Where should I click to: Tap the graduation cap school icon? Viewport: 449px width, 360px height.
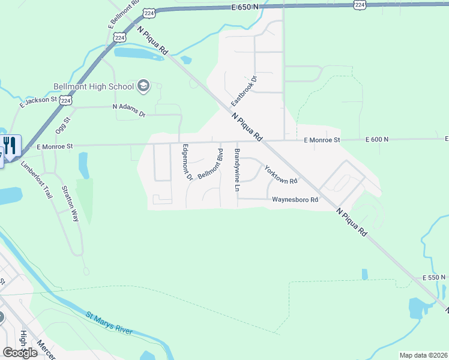click(x=143, y=86)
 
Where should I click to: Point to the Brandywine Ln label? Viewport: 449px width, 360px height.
click(x=237, y=170)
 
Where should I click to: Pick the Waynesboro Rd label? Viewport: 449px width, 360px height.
click(x=295, y=200)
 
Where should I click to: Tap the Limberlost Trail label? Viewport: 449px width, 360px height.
click(x=37, y=180)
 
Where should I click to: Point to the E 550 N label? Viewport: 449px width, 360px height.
click(x=435, y=278)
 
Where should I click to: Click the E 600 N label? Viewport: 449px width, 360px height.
click(x=377, y=139)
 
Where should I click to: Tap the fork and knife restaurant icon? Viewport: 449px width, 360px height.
click(x=10, y=145)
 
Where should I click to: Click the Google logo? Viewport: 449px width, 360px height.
click(x=19, y=352)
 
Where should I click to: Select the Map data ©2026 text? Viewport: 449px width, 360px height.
click(x=423, y=355)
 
